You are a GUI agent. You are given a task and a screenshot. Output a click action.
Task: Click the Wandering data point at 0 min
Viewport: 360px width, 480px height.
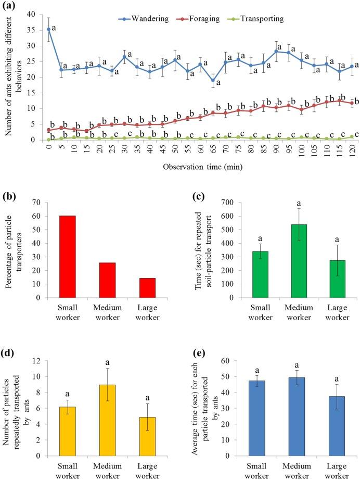tap(48, 30)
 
